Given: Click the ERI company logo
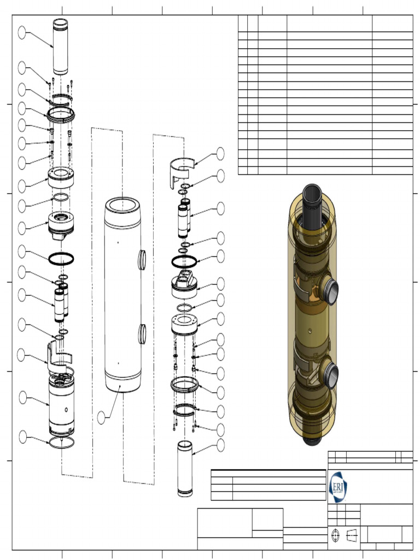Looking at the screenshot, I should pos(337,486).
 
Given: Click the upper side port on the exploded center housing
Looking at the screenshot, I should pos(142,259).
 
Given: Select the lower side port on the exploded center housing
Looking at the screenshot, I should pos(142,333).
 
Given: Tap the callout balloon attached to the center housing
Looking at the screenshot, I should pos(101,417).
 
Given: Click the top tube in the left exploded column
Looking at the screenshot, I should pos(60,46).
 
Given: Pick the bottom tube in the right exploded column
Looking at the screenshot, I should pos(185,469).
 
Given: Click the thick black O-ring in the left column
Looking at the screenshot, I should pos(62,259).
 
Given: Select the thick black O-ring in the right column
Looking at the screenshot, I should pos(184,262).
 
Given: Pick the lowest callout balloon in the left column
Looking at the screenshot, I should pos(22,436).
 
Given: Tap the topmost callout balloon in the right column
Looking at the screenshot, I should pos(220,153).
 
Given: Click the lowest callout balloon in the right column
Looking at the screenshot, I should pos(220,445).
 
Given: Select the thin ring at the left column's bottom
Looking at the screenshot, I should pos(61,442).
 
